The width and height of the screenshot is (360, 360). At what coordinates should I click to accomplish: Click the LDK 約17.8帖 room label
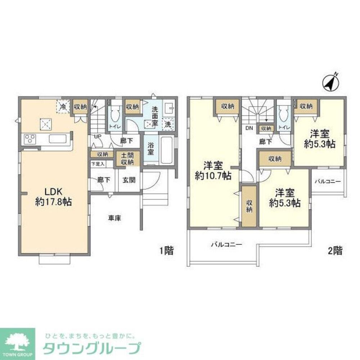(53, 196)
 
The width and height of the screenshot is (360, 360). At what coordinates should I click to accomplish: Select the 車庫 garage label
(114, 217)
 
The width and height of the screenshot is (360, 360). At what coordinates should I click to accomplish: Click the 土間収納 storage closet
(127, 159)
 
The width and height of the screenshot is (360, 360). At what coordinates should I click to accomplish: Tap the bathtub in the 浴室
(166, 150)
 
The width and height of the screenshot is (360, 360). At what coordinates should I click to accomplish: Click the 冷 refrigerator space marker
(63, 107)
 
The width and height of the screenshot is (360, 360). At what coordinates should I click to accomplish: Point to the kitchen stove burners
(29, 139)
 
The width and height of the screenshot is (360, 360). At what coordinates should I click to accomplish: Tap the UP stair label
(97, 136)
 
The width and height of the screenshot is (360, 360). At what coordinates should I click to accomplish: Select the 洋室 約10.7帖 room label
(212, 171)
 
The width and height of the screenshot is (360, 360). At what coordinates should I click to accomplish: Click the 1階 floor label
(166, 250)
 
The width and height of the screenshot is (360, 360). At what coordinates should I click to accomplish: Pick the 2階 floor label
(335, 249)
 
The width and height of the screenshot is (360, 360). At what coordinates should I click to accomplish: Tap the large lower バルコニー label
(226, 244)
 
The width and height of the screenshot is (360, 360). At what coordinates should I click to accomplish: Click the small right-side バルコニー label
(327, 181)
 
